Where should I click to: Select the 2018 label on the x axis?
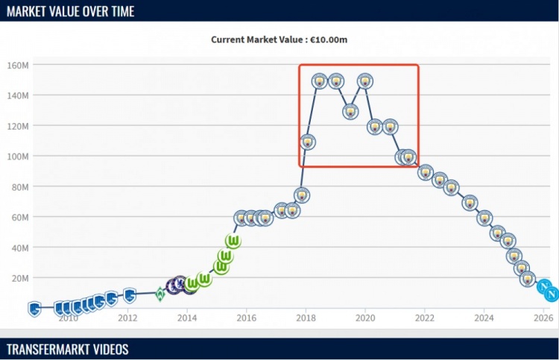click(x=306, y=318)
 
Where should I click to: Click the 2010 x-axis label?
click(x=68, y=318)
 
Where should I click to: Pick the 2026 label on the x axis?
click(x=543, y=318)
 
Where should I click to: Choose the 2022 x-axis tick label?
click(x=424, y=318)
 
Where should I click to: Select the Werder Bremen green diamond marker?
click(x=160, y=294)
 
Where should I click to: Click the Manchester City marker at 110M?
click(x=307, y=142)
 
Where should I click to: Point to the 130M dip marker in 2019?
click(x=350, y=112)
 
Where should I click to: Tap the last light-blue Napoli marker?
click(x=552, y=294)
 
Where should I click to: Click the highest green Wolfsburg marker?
click(x=233, y=241)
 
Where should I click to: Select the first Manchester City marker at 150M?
click(x=319, y=81)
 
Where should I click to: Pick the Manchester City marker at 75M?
click(x=302, y=195)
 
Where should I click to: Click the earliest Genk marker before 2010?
click(x=34, y=308)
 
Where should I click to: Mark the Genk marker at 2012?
click(x=129, y=295)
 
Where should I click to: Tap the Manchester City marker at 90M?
click(x=426, y=172)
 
